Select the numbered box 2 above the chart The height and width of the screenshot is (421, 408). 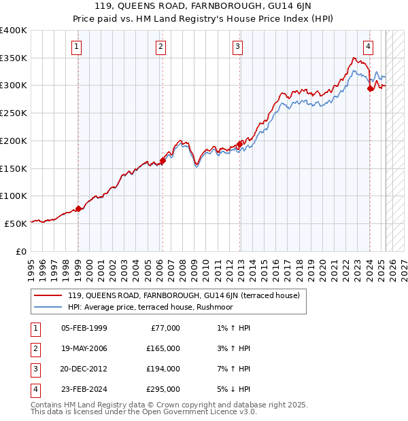pos(160,47)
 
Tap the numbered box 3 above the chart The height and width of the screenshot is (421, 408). pos(237,47)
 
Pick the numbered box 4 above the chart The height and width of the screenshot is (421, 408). pos(368,47)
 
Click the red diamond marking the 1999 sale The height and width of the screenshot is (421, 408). pos(78,208)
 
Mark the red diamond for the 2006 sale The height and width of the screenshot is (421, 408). pos(163,160)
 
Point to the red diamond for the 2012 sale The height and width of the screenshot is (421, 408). pos(240,144)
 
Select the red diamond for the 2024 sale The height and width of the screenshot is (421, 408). pos(370,88)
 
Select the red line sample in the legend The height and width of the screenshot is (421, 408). pos(48,295)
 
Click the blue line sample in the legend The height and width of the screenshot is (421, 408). pos(48,307)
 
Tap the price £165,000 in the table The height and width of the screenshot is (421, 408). pos(164,348)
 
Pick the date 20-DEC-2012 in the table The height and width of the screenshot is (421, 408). pos(84,369)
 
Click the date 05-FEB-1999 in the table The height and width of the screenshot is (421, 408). pos(84,328)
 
